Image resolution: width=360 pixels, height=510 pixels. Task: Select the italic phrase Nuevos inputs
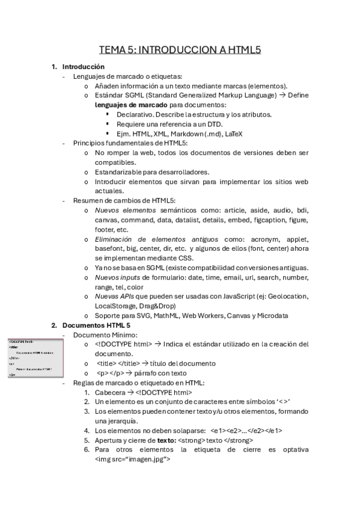point(117,277)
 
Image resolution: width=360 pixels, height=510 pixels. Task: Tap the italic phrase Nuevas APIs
point(114,296)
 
